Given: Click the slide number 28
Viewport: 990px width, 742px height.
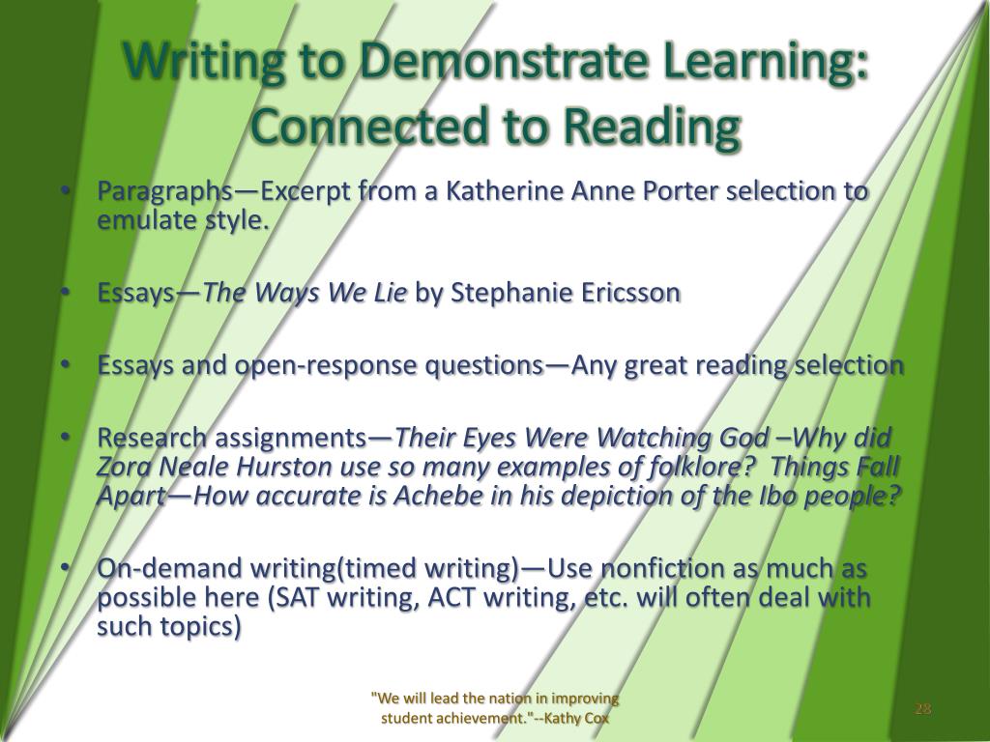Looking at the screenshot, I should tap(922, 709).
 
